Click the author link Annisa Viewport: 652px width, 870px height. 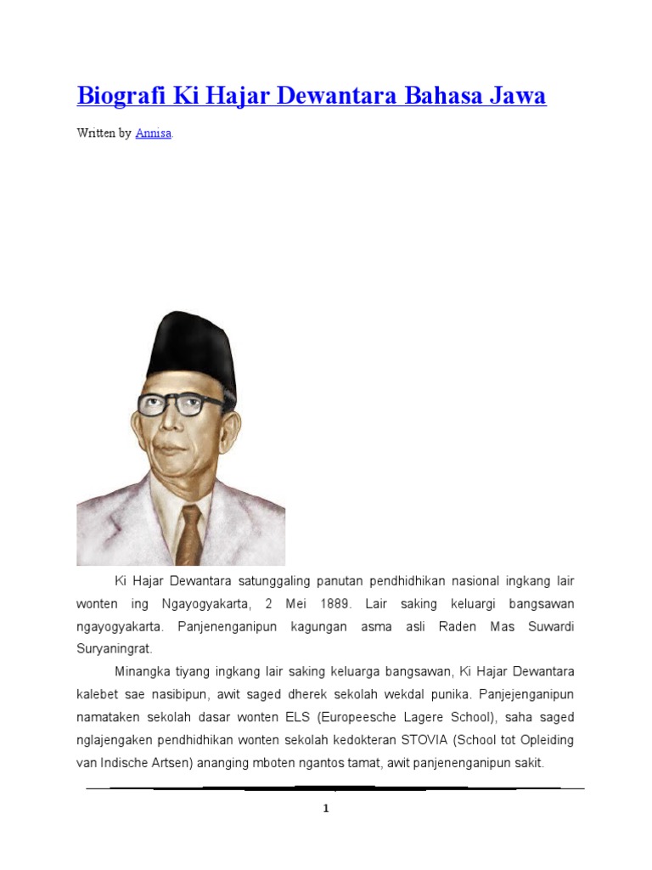(154, 133)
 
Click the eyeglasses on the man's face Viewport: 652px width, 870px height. (181, 404)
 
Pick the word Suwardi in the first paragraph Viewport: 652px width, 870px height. (542, 626)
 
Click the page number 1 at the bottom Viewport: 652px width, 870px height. (325, 809)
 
